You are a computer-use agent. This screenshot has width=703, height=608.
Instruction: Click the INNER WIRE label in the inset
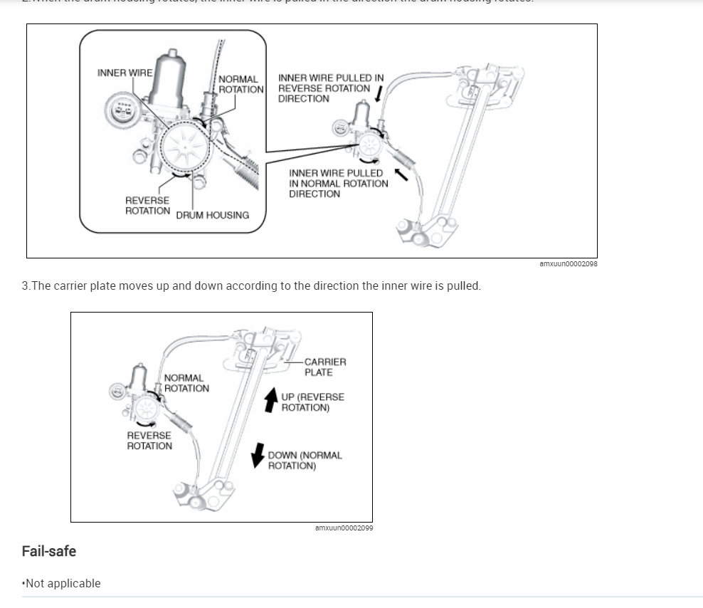tap(124, 73)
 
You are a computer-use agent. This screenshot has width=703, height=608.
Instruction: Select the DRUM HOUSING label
tap(212, 215)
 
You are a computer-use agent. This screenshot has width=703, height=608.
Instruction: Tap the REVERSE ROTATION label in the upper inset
tap(147, 206)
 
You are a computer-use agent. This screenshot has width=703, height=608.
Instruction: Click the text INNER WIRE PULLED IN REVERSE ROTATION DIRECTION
tap(330, 88)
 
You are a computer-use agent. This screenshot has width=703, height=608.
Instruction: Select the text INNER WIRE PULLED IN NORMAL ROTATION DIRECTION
tap(338, 183)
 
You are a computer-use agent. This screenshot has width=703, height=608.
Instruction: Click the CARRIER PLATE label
tap(325, 367)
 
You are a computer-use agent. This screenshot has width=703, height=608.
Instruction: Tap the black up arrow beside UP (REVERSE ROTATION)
tap(271, 400)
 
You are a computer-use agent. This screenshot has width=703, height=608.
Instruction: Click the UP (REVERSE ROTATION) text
tap(312, 402)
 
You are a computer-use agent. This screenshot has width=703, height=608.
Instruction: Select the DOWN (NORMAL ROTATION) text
tap(305, 460)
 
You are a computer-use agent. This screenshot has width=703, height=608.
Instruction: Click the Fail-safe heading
tap(49, 551)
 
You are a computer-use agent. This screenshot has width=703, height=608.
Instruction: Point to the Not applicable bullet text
tap(63, 583)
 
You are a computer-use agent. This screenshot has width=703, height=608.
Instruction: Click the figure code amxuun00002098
tap(568, 264)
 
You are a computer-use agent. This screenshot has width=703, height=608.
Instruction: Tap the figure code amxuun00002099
tap(344, 528)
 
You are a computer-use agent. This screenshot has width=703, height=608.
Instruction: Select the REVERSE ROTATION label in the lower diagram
tap(149, 440)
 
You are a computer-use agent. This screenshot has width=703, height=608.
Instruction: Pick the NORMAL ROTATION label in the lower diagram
tap(186, 383)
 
